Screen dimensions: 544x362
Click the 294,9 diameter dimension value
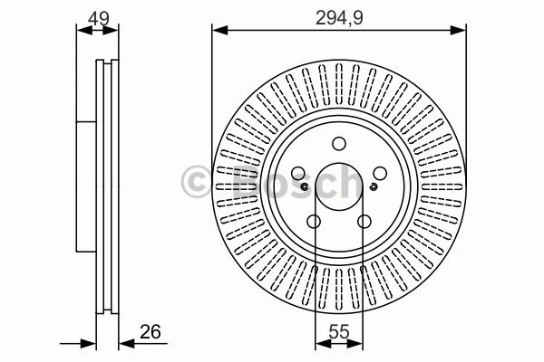tap(339, 18)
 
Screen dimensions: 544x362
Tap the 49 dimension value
tap(99, 18)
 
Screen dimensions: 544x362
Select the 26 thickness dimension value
tap(151, 332)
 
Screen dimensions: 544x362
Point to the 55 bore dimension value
tap(338, 332)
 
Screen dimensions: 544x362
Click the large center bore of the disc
tap(339, 186)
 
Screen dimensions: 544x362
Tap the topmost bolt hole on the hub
tap(339, 143)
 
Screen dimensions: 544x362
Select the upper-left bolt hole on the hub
tap(298, 173)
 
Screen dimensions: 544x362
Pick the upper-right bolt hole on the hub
tap(380, 173)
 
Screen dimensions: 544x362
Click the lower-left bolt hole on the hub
tap(314, 222)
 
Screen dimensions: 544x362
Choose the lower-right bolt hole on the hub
tap(364, 222)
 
